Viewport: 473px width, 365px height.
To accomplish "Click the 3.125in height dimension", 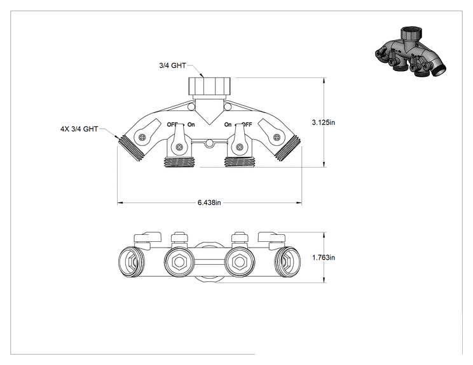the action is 323,123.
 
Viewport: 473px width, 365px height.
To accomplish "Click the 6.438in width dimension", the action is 209,202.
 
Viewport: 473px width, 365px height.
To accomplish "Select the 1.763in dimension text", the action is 324,258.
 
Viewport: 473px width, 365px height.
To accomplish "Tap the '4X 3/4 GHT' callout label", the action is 79,129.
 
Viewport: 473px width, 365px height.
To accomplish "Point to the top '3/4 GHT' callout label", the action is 172,65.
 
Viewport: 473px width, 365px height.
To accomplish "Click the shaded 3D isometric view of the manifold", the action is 410,52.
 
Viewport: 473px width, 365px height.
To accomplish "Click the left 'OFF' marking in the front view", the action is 172,124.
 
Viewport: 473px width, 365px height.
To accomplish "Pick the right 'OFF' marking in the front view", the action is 247,124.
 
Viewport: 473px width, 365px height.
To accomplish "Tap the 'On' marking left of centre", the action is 191,124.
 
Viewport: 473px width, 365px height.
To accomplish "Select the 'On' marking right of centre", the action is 228,124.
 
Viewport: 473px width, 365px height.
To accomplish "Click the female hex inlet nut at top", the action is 209,86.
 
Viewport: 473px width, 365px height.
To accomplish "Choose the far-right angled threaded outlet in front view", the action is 287,148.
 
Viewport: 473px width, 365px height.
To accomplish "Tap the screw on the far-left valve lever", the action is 142,138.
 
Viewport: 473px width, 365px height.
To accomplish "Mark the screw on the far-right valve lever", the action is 277,138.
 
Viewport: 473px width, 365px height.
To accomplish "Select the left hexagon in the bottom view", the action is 179,262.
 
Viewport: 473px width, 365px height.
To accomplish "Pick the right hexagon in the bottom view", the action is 240,262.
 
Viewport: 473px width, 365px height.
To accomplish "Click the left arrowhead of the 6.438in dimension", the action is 120,203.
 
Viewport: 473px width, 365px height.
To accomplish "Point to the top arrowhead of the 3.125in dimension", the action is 324,81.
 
